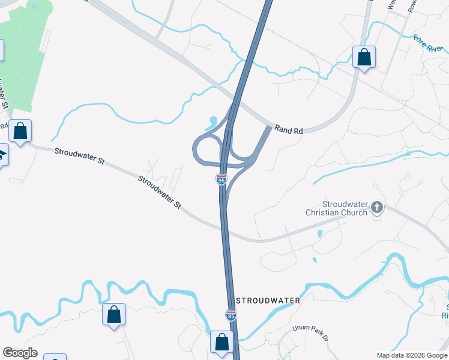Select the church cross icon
click(x=377, y=208)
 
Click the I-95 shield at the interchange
click(x=221, y=179)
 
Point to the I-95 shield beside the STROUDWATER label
click(x=231, y=314)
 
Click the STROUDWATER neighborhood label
click(x=268, y=299)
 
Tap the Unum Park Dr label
click(x=311, y=333)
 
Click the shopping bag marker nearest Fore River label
click(x=364, y=58)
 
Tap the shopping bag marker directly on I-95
click(x=222, y=342)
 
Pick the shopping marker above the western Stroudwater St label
click(x=20, y=131)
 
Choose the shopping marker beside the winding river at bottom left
click(x=113, y=314)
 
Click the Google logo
click(x=20, y=353)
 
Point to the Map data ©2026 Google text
click(x=412, y=355)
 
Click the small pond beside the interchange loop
click(x=211, y=124)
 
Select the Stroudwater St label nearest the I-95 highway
click(x=160, y=192)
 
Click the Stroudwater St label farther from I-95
click(x=79, y=157)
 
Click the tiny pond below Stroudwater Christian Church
click(x=315, y=260)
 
